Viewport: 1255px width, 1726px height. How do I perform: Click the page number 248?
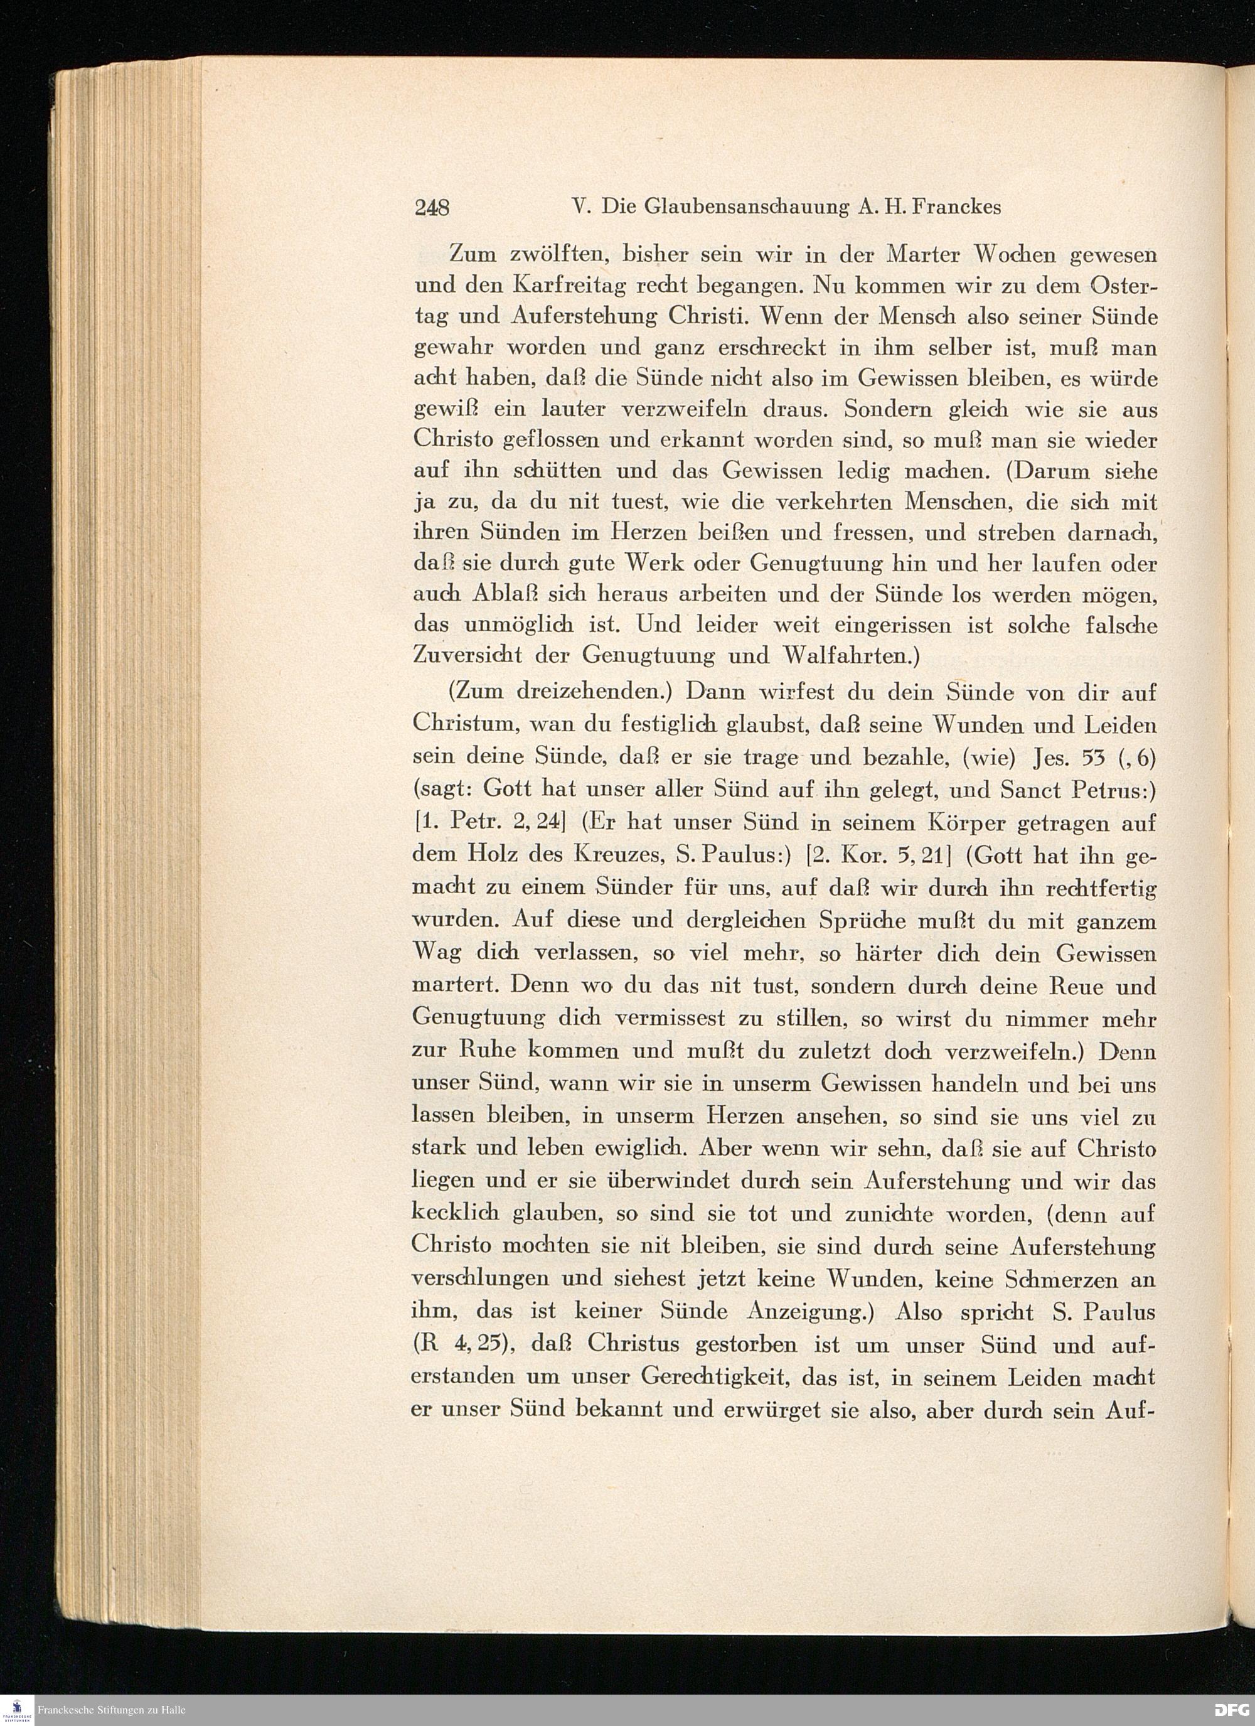pos(432,206)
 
